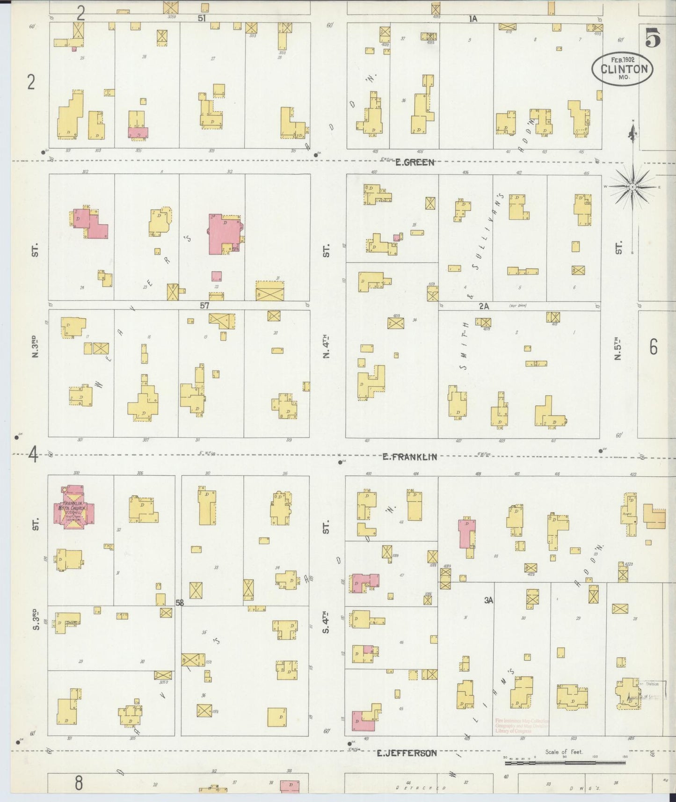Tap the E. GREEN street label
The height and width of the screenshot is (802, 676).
tap(414, 162)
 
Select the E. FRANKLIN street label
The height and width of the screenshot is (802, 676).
tap(410, 457)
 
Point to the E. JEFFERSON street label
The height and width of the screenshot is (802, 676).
tap(407, 753)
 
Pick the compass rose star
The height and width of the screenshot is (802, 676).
tap(632, 187)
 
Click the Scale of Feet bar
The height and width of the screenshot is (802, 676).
tap(565, 763)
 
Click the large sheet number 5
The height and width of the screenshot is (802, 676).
tap(653, 37)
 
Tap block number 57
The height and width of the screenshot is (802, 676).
tap(204, 306)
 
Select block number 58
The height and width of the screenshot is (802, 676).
tap(180, 603)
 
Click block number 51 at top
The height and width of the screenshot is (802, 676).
tap(202, 18)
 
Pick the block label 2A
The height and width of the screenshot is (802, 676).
tap(483, 306)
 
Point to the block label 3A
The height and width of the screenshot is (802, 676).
tap(489, 600)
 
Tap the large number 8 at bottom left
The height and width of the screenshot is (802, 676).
tap(79, 782)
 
